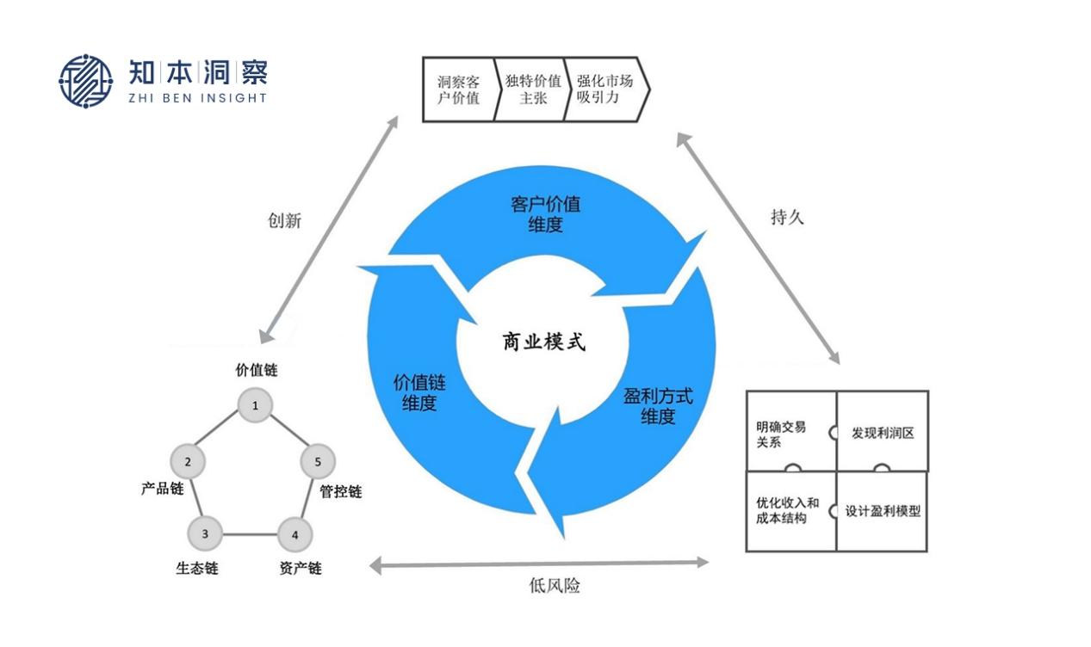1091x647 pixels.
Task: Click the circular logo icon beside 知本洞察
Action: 85,82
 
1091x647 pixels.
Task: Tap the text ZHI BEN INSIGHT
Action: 197,98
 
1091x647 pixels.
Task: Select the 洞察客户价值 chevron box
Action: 458,89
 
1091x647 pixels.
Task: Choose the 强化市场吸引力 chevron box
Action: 604,89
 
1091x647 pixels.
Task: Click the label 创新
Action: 284,220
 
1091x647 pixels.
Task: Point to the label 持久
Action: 786,217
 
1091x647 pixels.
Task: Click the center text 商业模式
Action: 543,342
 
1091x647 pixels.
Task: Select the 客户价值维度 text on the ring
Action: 545,214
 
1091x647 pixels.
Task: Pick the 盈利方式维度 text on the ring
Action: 658,406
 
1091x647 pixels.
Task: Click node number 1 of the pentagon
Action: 255,405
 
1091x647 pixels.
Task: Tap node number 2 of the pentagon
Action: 189,462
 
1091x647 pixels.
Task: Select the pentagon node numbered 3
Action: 205,534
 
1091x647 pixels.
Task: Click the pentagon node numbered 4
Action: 294,534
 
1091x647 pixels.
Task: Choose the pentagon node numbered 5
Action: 318,462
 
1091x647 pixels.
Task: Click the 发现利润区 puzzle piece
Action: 883,432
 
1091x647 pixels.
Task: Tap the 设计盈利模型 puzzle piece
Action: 883,511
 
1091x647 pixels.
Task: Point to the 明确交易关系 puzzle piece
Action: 788,433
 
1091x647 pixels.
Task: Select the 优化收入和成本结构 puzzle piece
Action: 788,511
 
